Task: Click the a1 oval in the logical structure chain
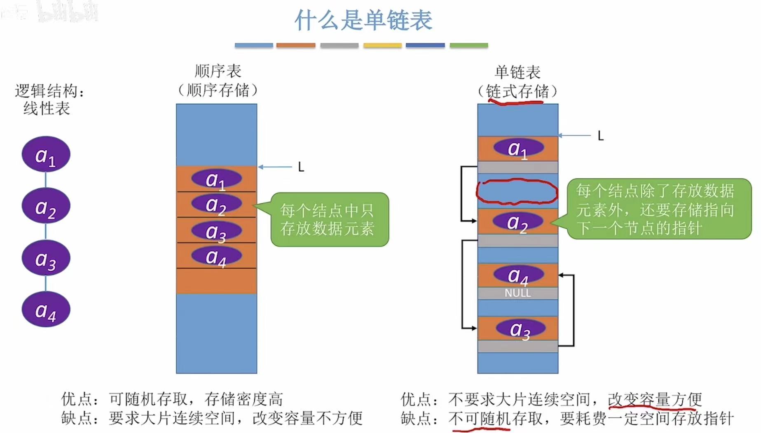tap(46, 155)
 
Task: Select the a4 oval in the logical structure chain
tap(46, 310)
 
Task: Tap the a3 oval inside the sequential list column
tap(216, 231)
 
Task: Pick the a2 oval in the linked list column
tap(518, 222)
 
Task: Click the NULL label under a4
tap(517, 293)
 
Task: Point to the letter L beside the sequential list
tap(301, 167)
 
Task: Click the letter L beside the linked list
tap(601, 136)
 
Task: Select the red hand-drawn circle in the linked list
tap(517, 191)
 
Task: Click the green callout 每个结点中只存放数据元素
tap(329, 219)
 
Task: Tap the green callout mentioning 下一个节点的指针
tap(658, 209)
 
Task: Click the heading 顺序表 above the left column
tap(218, 71)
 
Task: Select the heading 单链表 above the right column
tap(517, 72)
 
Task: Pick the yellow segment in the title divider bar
tap(382, 45)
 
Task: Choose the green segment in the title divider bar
tap(468, 45)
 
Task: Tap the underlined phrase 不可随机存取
tap(480, 419)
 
